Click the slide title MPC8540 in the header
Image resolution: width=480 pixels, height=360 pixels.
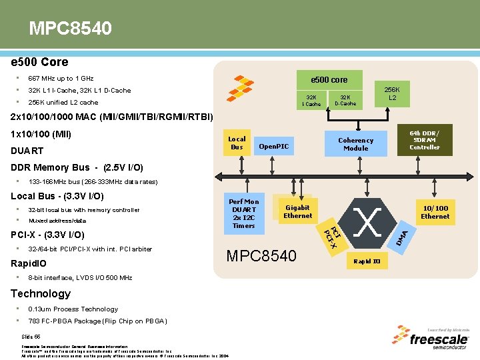(x=70, y=29)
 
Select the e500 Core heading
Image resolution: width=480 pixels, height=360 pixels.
(x=39, y=62)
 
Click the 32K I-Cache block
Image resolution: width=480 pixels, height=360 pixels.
(x=311, y=100)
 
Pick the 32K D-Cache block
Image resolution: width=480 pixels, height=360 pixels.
(x=345, y=100)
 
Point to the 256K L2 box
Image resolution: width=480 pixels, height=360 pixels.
(x=393, y=94)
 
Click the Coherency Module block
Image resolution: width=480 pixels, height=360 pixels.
(x=355, y=144)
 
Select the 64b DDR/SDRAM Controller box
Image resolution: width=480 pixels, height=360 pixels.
(x=425, y=140)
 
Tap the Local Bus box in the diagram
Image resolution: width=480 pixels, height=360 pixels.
(x=237, y=143)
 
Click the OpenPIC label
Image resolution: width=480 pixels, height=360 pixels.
(x=273, y=146)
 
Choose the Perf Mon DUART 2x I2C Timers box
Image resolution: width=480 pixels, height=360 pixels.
(x=243, y=213)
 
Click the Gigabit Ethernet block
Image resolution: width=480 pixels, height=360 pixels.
(x=297, y=211)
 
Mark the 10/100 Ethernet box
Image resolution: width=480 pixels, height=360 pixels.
(x=435, y=212)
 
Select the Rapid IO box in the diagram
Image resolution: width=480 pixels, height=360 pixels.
(x=367, y=261)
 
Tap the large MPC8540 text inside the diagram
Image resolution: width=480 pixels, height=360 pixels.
(x=261, y=256)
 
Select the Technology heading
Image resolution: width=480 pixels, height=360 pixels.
(x=41, y=293)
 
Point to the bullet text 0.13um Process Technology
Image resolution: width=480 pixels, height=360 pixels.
(x=73, y=309)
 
